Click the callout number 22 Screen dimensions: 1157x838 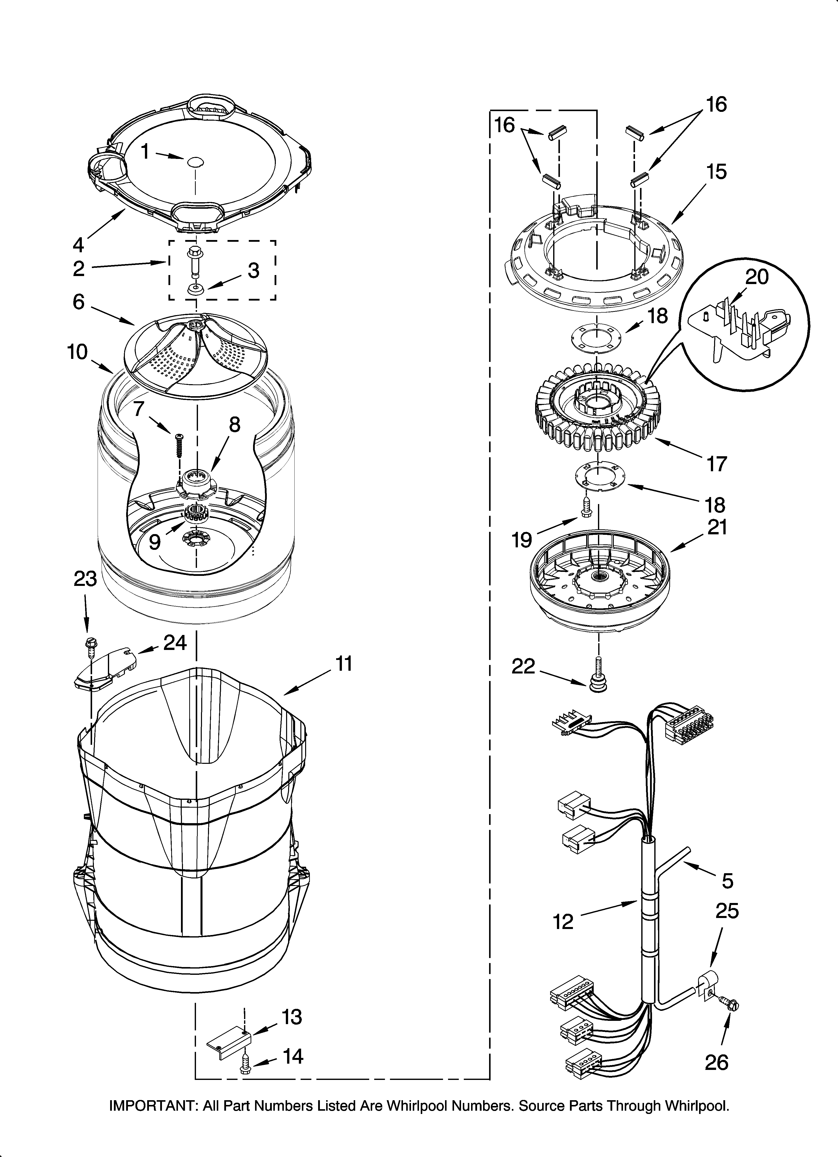(523, 666)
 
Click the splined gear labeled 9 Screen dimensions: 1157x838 (196, 512)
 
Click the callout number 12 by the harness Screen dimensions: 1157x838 (563, 922)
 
